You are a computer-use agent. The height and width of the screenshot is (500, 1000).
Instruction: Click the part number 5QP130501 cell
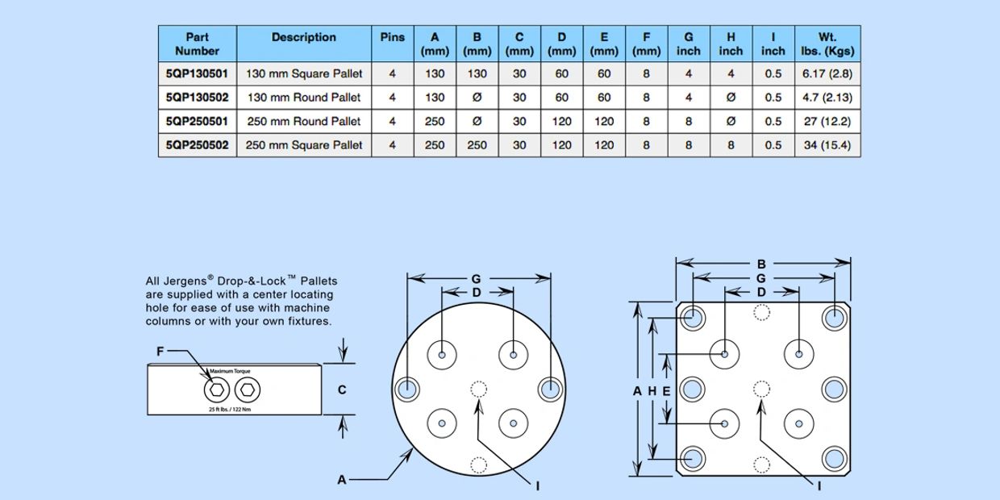(197, 73)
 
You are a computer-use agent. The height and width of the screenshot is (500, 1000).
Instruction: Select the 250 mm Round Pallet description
(303, 121)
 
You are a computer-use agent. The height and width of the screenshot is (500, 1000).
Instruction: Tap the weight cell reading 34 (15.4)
(827, 145)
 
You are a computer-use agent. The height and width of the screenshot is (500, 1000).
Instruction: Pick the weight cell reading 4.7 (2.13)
(827, 98)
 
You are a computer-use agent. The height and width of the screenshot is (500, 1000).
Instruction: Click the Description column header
(303, 37)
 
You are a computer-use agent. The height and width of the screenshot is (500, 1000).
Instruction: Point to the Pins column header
(392, 37)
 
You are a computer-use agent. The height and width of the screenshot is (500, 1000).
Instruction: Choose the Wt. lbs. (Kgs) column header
(827, 44)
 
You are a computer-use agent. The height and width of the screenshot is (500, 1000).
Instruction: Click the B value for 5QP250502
(477, 145)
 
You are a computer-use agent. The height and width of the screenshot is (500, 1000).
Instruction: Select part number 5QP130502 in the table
(197, 98)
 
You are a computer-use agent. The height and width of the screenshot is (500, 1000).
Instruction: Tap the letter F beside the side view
(160, 352)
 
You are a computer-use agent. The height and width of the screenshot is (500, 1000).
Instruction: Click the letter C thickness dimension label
(342, 390)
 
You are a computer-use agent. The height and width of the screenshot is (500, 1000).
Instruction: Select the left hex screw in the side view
(215, 390)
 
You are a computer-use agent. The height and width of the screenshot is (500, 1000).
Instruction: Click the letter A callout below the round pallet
(342, 480)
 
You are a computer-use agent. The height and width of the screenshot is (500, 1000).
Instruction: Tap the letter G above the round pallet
(476, 279)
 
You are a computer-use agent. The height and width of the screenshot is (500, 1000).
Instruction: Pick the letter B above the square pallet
(761, 264)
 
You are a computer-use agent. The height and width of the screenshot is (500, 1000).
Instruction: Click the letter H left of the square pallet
(652, 391)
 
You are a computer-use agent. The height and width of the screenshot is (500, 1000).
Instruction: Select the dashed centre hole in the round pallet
(479, 390)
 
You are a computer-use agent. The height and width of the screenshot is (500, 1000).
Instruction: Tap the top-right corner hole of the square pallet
(835, 318)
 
